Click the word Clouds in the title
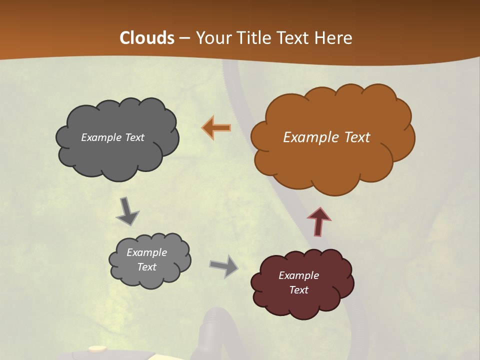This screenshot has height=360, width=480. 147,38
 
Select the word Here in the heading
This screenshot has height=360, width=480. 334,38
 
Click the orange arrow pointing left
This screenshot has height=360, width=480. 217,127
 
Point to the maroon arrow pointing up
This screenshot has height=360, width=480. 319,221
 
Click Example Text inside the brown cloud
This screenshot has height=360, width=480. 326,137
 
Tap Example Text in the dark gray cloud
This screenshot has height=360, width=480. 112,137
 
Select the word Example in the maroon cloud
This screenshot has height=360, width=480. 298,275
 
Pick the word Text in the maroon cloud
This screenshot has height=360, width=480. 298,290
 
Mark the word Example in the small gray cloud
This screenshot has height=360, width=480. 146,252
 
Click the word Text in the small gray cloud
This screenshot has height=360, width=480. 146,267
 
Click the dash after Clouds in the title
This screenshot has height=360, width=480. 184,38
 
